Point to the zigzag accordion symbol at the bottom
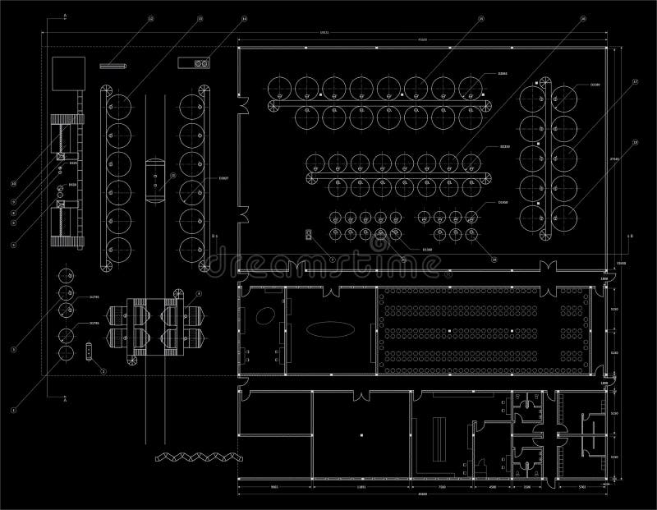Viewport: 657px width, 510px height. [x=193, y=456]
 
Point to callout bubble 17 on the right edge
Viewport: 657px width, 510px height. [x=635, y=82]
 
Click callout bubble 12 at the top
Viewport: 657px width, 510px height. [x=150, y=17]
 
